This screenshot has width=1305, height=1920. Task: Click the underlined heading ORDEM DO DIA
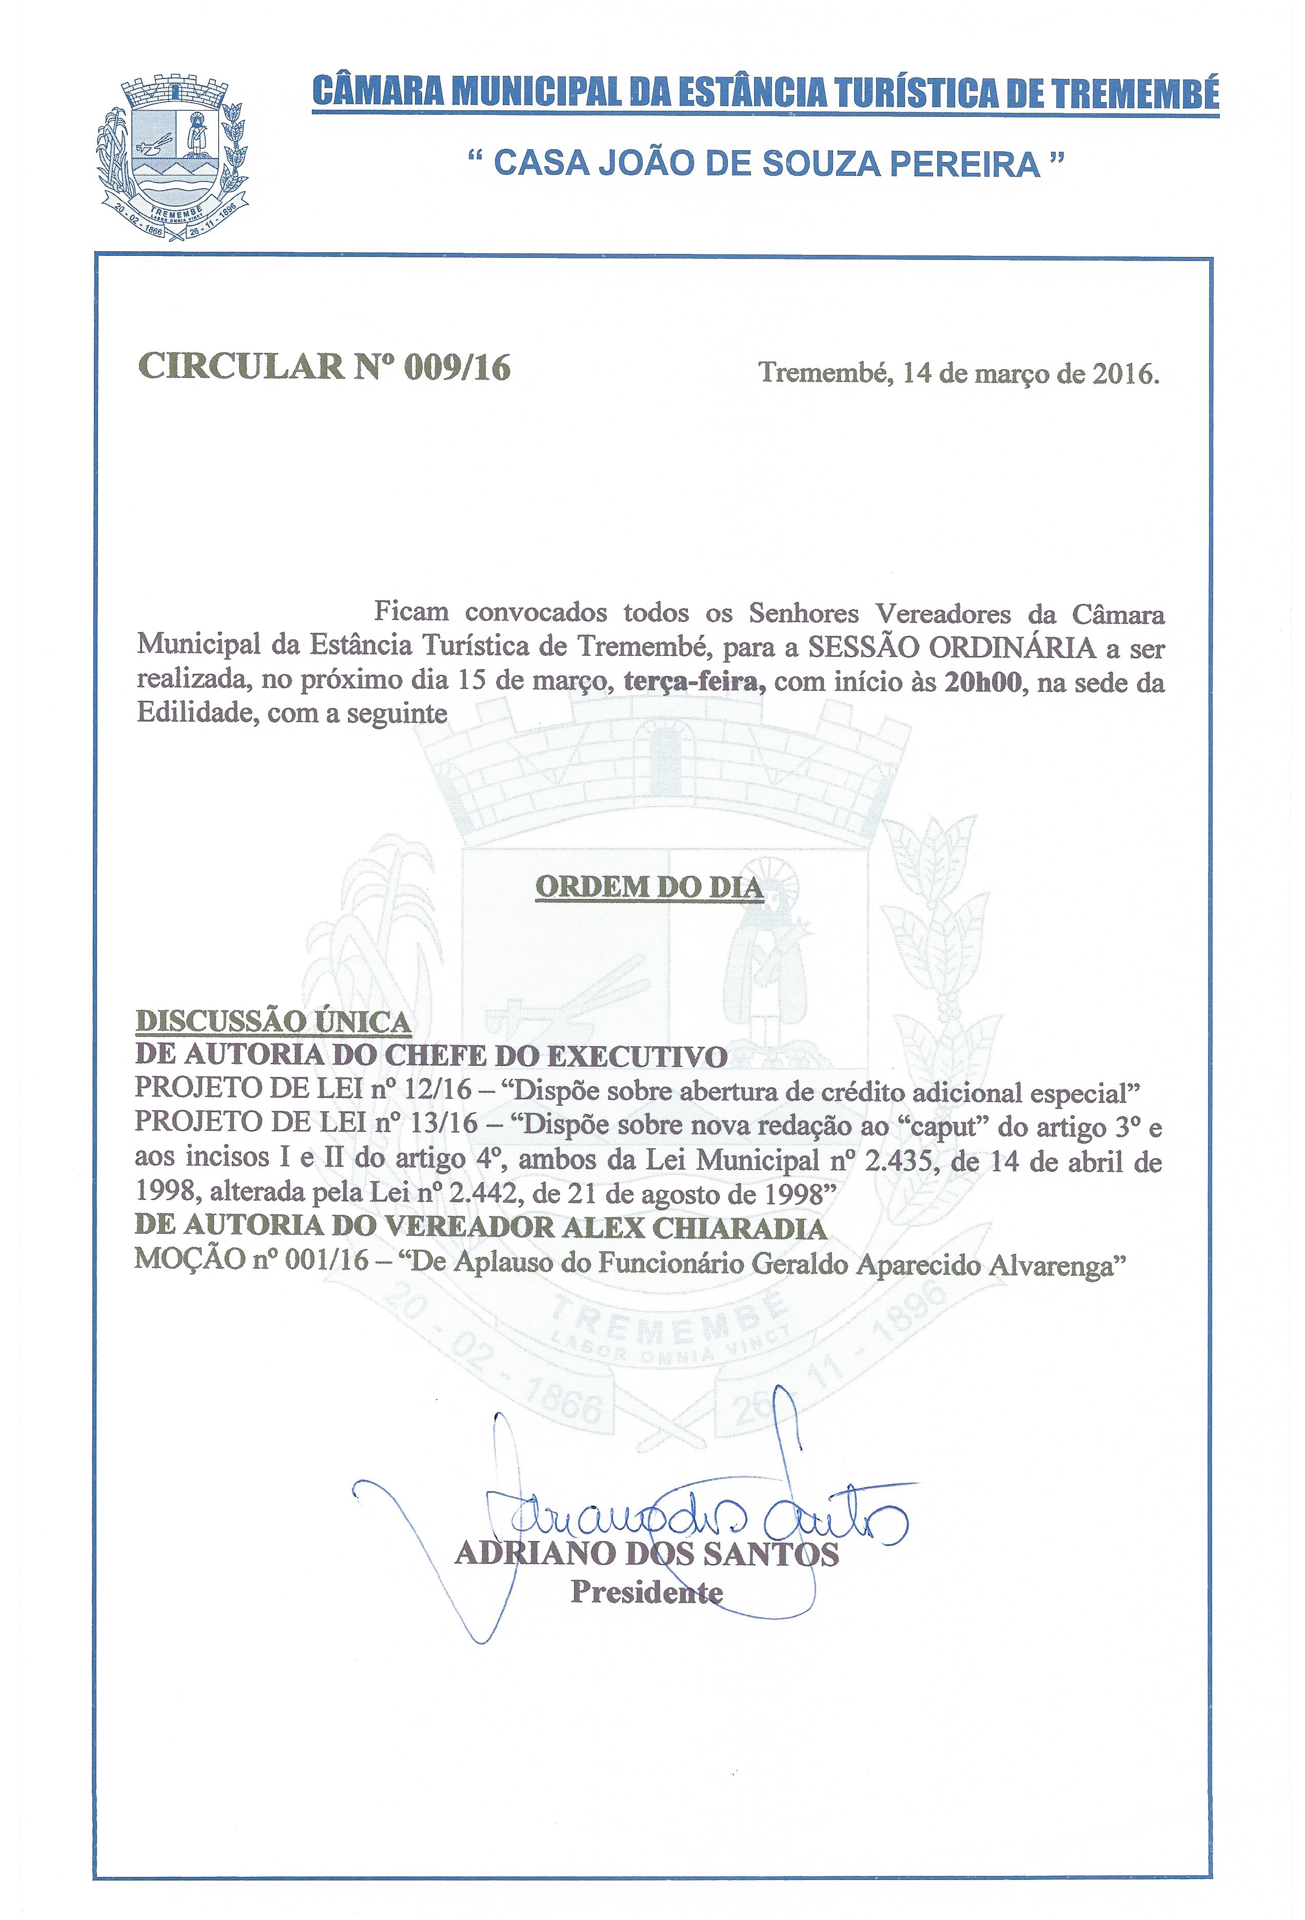[x=649, y=887]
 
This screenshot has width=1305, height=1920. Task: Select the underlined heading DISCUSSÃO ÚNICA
[x=273, y=1022]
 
